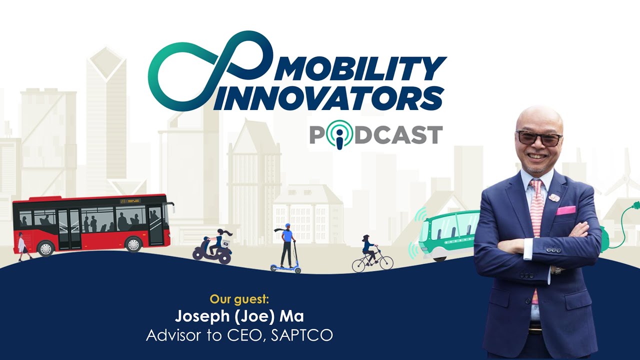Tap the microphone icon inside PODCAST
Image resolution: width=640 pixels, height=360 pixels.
click(339, 135)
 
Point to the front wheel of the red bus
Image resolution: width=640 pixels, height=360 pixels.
click(133, 244)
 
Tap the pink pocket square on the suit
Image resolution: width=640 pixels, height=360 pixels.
click(566, 210)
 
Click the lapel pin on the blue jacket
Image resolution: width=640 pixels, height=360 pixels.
click(553, 196)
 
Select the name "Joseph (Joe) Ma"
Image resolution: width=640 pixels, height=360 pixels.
click(239, 316)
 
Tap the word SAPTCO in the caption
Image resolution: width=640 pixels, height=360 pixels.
click(301, 334)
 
